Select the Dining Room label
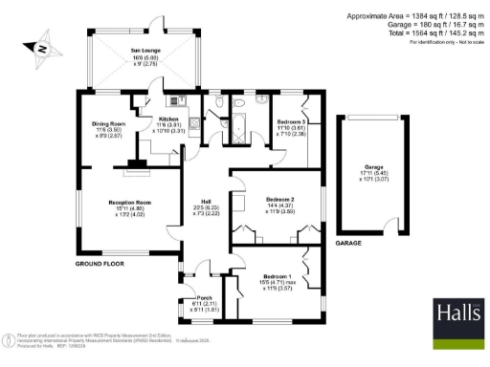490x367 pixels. (108, 124)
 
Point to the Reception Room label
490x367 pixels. (129, 202)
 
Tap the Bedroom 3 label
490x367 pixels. (292, 123)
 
